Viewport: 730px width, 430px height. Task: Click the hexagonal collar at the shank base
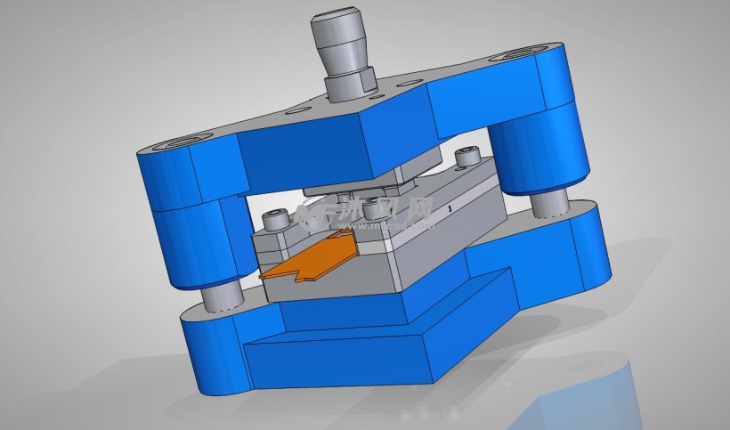(349, 85)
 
